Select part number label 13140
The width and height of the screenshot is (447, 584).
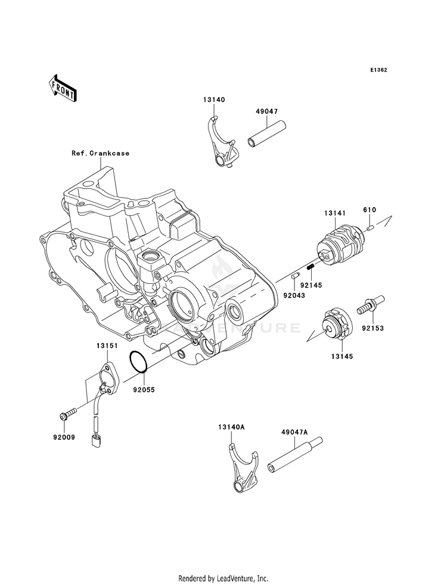(x=214, y=100)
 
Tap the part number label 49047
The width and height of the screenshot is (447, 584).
(x=267, y=111)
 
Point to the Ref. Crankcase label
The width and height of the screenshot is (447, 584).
(x=101, y=153)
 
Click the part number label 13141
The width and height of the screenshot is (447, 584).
(x=335, y=213)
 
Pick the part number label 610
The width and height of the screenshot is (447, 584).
(x=370, y=210)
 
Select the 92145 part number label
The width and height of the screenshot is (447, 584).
(x=311, y=285)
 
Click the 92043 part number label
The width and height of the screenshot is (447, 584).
(x=294, y=295)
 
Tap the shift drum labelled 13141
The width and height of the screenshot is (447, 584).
(x=340, y=245)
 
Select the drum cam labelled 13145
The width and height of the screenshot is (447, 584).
(x=337, y=324)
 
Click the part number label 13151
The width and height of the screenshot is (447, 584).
(x=107, y=346)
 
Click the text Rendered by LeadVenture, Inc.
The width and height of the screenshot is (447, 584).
(x=223, y=579)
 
